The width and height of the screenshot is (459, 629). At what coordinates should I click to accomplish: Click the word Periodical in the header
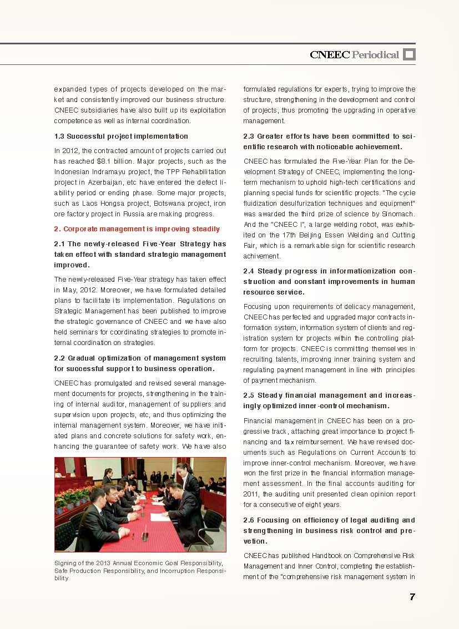[375, 54]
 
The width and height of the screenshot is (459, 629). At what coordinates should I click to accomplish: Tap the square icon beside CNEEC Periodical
[409, 54]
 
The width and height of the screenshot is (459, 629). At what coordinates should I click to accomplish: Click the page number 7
[412, 597]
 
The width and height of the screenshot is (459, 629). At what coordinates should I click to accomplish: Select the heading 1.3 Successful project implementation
[121, 136]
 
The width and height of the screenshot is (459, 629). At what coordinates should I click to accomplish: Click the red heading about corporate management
[137, 229]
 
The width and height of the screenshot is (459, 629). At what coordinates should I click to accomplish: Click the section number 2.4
[249, 271]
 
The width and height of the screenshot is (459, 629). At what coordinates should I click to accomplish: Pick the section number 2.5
[249, 395]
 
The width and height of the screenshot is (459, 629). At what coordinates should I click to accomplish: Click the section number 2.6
[249, 520]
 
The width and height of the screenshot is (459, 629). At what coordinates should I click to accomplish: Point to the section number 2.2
[60, 358]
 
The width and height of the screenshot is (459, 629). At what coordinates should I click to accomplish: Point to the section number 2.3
[249, 136]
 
